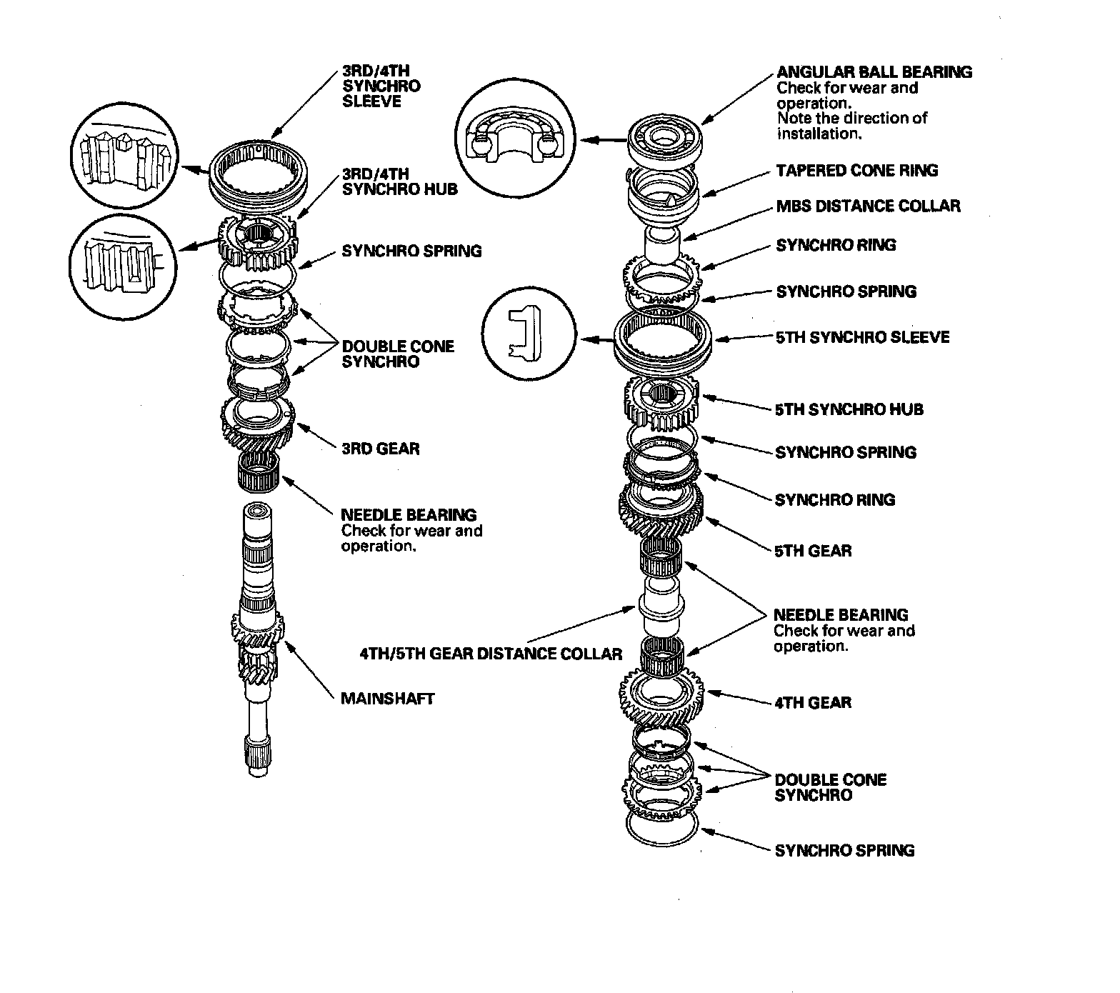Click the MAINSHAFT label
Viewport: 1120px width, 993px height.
point(387,698)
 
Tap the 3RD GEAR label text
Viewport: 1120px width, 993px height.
point(380,449)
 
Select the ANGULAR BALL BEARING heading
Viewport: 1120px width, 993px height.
point(874,71)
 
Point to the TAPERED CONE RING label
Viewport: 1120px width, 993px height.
point(856,170)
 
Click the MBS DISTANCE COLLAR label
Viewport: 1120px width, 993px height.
point(868,206)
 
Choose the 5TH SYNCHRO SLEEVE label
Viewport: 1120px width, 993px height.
point(862,336)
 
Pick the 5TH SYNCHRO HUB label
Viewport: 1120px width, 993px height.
point(849,409)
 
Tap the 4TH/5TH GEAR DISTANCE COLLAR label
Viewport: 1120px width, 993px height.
point(491,653)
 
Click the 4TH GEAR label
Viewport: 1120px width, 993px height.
point(813,702)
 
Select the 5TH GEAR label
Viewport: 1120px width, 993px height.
point(813,551)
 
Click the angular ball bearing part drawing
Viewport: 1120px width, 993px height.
point(664,139)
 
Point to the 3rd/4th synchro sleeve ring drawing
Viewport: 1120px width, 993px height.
point(260,174)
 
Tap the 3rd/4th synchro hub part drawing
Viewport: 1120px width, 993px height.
point(256,240)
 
